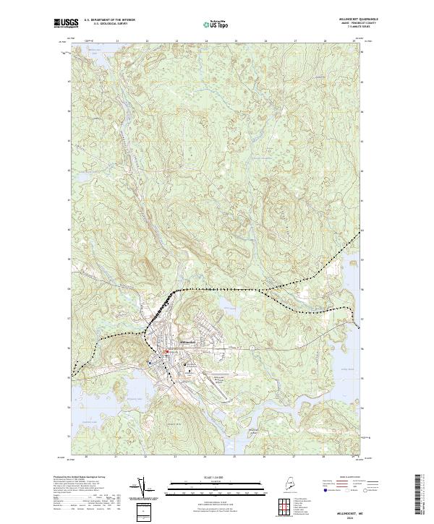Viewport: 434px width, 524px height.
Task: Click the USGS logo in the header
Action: click(66, 22)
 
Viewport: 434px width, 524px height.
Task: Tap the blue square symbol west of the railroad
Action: click(150, 363)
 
